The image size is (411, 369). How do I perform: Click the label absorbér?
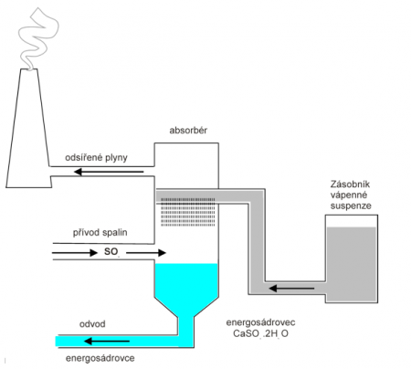pos(188,131)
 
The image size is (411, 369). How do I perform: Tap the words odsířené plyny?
pos(96,158)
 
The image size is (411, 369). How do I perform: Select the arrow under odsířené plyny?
pos(109,172)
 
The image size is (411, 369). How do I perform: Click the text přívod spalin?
pos(100,233)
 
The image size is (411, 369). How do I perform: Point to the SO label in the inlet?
pos(111,252)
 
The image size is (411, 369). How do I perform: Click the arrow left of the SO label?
pos(75,253)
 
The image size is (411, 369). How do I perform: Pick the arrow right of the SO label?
pos(146,253)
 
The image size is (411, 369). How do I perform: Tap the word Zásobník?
pos(350,184)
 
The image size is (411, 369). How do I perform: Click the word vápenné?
pos(349,195)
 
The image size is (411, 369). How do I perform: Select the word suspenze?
pos(351,206)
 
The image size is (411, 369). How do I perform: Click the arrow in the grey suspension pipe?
pos(291,288)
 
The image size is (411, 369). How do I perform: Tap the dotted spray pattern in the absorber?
pos(188,212)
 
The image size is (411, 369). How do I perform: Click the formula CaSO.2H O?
pos(260,333)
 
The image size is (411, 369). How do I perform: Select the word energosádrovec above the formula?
pos(260,322)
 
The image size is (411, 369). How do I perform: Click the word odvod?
pos(92,324)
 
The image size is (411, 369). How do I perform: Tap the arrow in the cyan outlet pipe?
pos(107,342)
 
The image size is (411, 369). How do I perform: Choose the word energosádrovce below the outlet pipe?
pos(100,358)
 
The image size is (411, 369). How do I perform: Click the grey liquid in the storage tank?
pos(351,263)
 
